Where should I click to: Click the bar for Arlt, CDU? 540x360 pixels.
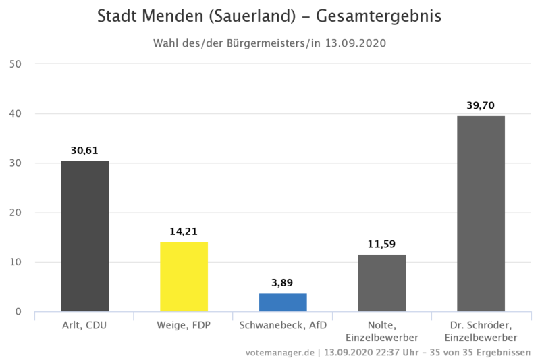[85, 236]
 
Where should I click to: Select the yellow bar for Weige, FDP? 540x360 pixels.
[184, 276]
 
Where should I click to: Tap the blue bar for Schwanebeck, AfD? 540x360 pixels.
[283, 302]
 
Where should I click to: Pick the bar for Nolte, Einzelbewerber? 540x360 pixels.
[382, 282]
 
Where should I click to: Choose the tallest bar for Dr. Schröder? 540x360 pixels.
[481, 213]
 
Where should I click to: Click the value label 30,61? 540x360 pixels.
[84, 151]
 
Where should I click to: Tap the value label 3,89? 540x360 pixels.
[283, 283]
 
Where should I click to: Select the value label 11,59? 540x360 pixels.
[382, 244]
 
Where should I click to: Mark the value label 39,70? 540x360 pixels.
[481, 105]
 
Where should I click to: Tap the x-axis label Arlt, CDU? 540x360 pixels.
[84, 325]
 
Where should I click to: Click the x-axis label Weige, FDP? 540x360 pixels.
[183, 325]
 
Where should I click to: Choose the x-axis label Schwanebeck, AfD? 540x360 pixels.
[283, 325]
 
